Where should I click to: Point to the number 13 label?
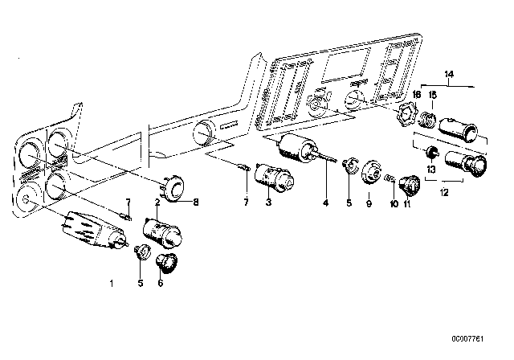[431, 169]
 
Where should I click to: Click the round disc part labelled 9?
[370, 173]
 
